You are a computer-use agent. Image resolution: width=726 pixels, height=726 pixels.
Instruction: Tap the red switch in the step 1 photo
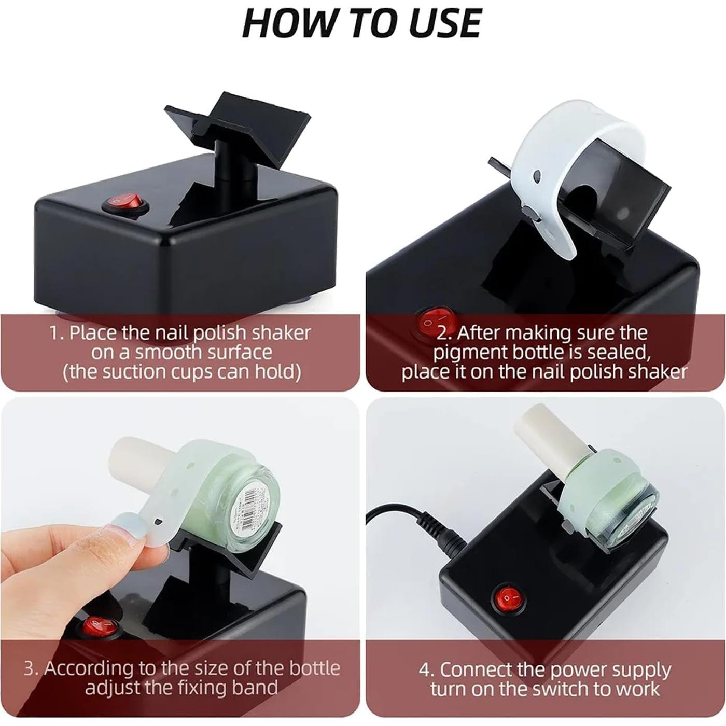126,203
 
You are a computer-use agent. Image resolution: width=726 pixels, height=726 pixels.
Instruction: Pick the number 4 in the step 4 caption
426,669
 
